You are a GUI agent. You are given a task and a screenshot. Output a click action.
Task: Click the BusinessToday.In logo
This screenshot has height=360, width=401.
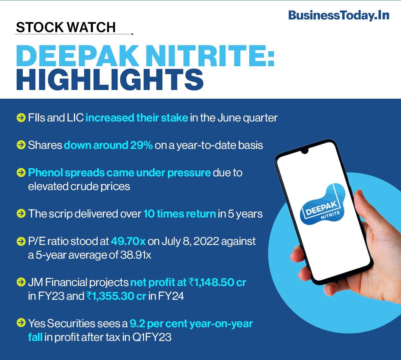tap(339, 15)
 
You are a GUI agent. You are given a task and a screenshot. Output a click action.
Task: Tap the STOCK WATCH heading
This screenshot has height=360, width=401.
tap(66, 27)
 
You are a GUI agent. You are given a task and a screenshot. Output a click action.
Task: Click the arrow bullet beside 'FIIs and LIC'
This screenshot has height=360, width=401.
tap(21, 118)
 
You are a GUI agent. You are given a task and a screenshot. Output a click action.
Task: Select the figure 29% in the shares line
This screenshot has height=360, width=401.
tap(141, 145)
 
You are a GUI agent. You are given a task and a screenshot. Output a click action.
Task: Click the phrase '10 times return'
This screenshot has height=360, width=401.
tap(179, 214)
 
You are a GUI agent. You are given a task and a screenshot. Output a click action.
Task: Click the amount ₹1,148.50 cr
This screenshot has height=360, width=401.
tap(217, 282)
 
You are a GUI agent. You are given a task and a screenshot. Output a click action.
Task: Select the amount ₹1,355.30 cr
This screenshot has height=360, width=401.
tap(116, 296)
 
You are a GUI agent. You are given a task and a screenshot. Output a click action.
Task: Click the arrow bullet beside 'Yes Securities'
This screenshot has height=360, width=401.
tap(21, 323)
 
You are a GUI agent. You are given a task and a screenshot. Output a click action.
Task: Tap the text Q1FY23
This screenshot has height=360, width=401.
tap(152, 337)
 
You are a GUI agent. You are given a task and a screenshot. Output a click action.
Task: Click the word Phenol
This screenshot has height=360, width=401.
tap(45, 173)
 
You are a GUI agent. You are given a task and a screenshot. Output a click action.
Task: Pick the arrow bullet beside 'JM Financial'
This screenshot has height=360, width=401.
tap(21, 282)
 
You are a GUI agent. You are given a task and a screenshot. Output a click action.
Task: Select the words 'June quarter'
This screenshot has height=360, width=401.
tap(247, 118)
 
